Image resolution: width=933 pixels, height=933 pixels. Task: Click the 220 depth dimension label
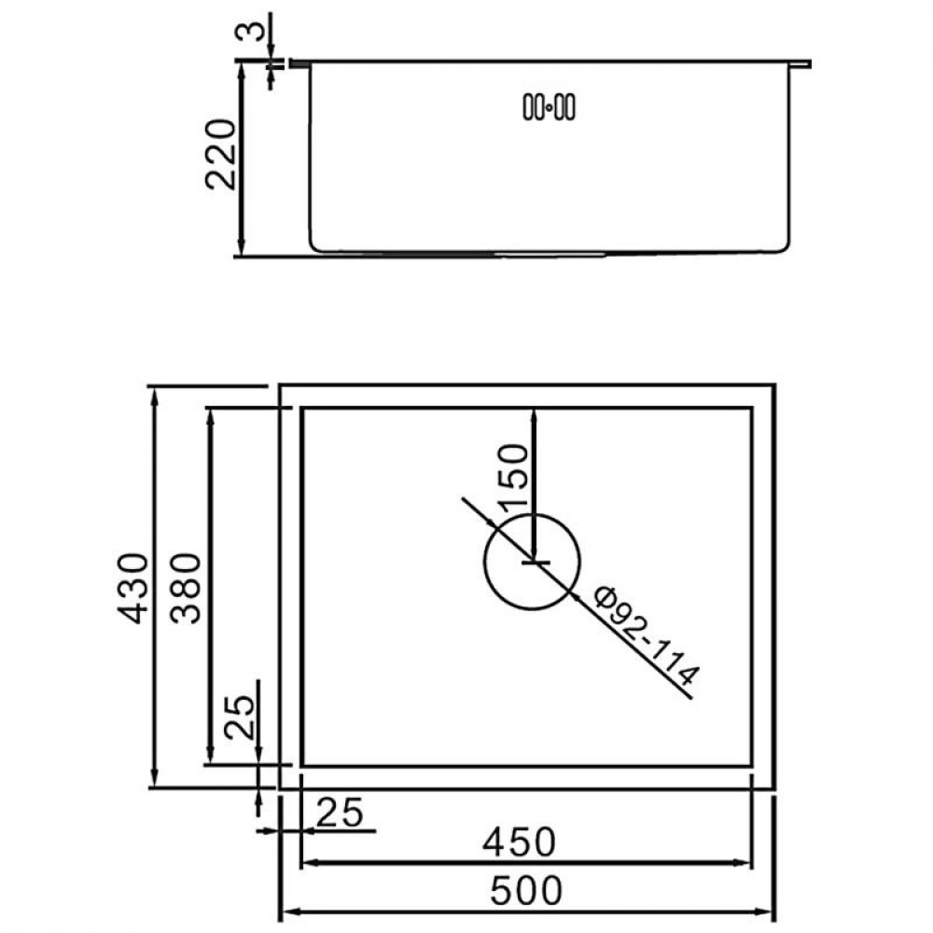click(221, 155)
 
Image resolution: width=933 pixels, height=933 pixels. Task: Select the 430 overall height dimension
click(132, 588)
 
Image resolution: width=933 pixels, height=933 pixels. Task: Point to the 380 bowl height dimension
click(186, 588)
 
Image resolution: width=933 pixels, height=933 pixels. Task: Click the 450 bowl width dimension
click(519, 842)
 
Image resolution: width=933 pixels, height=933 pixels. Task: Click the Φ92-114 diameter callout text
click(648, 635)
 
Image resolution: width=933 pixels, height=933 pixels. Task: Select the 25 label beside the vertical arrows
click(239, 717)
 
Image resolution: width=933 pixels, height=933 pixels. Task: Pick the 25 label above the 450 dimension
click(340, 813)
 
